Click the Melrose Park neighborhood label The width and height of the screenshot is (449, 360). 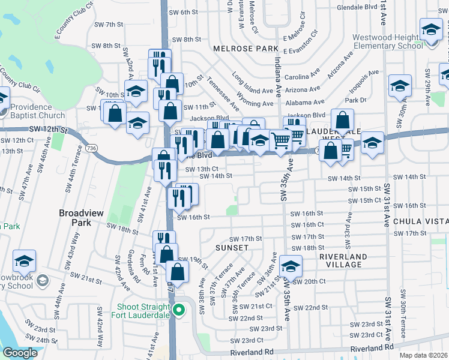[246, 48]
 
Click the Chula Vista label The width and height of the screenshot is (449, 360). [421, 221]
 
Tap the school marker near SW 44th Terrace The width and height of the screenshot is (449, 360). [25, 261]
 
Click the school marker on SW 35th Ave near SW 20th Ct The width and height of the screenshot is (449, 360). [291, 266]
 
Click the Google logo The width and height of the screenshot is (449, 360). [20, 353]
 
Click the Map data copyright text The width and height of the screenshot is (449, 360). [423, 355]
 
